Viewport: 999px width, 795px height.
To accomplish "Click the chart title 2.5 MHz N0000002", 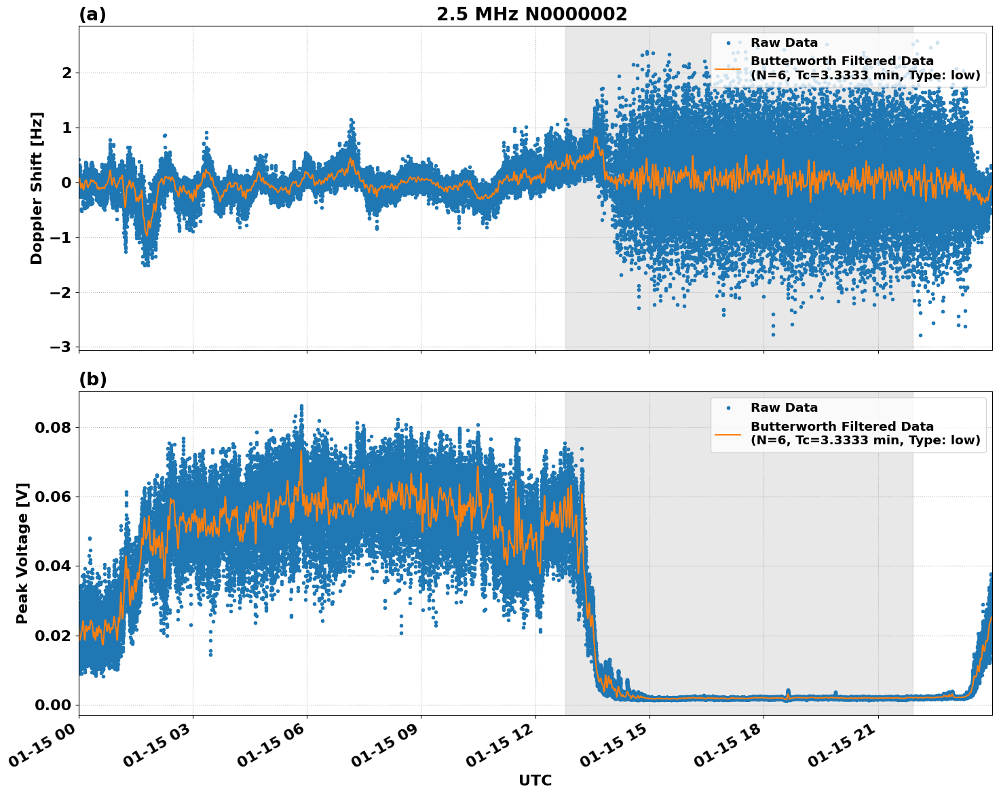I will tap(531, 14).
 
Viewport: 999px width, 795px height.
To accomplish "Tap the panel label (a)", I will tap(92, 14).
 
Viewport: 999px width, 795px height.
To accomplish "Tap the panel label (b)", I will tap(92, 379).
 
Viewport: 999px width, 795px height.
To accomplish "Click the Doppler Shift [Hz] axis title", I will tap(37, 188).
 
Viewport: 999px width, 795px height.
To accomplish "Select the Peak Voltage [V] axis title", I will tap(22, 553).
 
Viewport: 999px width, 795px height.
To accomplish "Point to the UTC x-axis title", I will tap(535, 780).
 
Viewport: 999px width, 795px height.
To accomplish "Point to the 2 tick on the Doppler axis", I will tap(66, 73).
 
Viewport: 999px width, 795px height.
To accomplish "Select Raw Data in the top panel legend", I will tap(784, 43).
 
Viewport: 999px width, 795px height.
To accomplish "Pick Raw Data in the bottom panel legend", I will tap(784, 408).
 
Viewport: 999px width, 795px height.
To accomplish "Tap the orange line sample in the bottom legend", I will tap(728, 433).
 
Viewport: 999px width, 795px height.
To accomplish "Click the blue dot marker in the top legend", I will tap(728, 43).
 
